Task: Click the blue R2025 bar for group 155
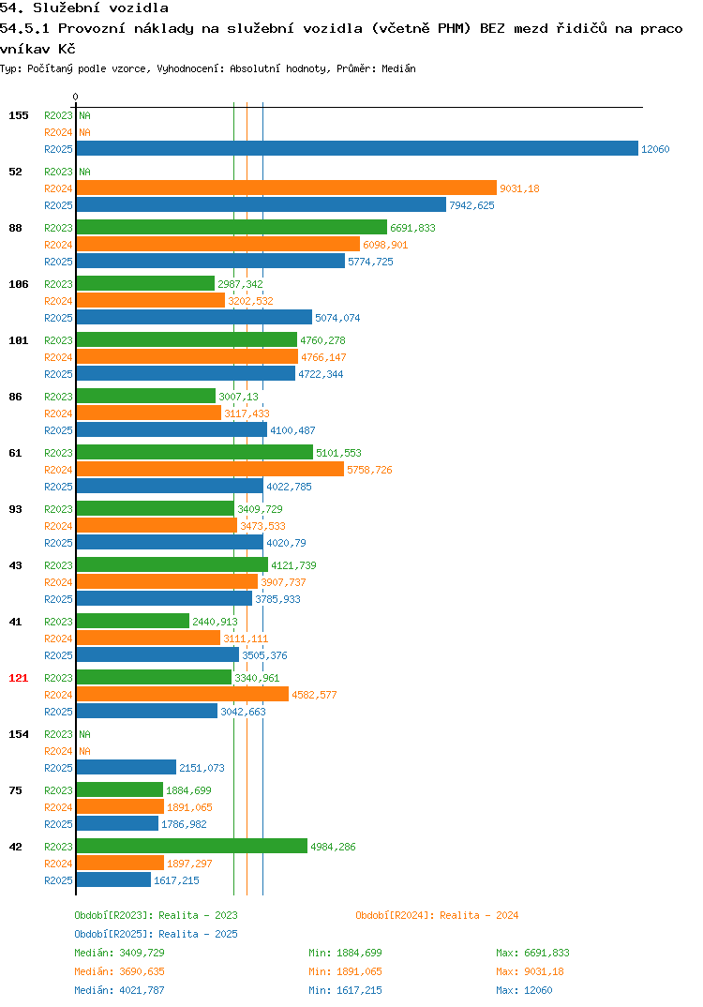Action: coord(357,148)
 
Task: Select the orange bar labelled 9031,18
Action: coord(286,188)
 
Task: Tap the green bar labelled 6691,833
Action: coord(232,227)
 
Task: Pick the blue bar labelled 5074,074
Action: coord(194,317)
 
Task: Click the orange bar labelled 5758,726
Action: coord(210,470)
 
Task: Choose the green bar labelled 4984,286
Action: coord(192,847)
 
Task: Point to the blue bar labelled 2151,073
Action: coord(126,768)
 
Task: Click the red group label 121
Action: coord(19,678)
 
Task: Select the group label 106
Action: coord(19,284)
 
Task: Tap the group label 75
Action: coord(15,790)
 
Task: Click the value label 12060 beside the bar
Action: coord(655,149)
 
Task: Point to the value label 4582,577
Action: coord(314,695)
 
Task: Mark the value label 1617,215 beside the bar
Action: coord(176,880)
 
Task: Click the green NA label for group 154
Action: coord(84,734)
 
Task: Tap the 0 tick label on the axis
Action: coord(76,97)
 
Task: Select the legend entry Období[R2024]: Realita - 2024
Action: coord(437,915)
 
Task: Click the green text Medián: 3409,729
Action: coord(119,953)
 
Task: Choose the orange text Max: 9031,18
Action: coord(531,971)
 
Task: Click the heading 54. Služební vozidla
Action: coord(84,8)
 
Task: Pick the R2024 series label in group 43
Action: coord(58,582)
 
